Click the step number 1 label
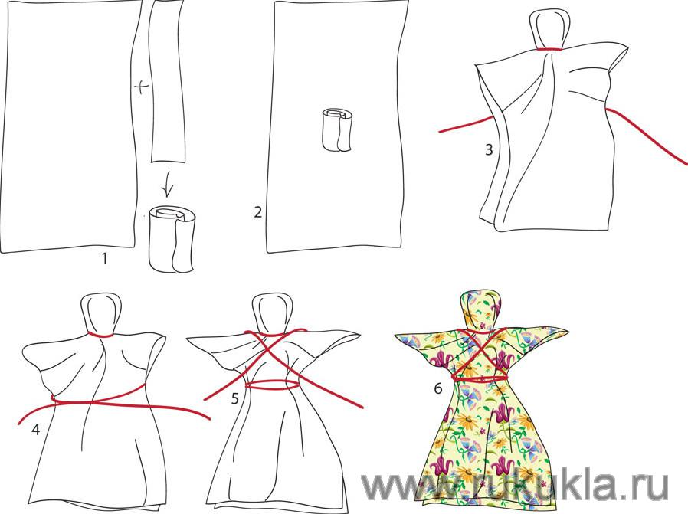click(104, 259)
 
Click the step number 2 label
click(258, 212)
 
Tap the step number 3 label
click(489, 150)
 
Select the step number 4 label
click(35, 430)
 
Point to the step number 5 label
click(235, 398)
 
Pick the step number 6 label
click(438, 388)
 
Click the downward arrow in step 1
click(166, 184)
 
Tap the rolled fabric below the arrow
click(172, 238)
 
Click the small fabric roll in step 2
click(336, 131)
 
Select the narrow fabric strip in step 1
click(167, 81)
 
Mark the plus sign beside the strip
click(141, 88)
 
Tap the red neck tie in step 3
click(549, 49)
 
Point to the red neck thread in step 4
click(101, 336)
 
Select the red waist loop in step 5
click(272, 385)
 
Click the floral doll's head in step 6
click(480, 310)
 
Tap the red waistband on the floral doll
click(480, 376)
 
